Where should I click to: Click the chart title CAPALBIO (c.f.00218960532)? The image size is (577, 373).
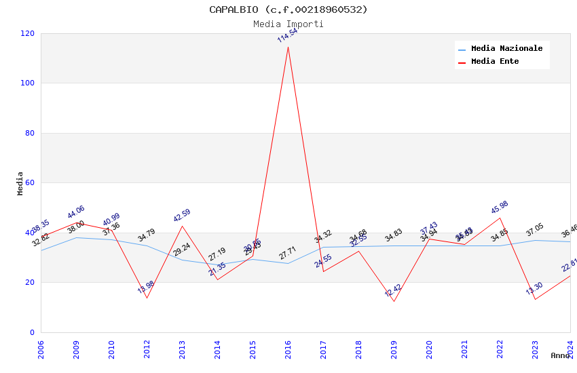coord(288,9)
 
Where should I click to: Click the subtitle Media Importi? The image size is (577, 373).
coord(288,24)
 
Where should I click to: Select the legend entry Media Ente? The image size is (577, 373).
coord(495,62)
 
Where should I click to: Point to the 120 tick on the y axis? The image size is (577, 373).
coord(28,33)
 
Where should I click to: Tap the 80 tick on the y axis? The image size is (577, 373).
coord(30,133)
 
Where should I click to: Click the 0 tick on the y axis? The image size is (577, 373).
coord(32,332)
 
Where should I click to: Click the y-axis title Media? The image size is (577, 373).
coord(20,183)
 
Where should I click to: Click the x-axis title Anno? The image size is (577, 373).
coord(560,355)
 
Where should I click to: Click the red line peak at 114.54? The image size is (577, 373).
coord(288,47)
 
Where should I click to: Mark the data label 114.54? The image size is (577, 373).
coord(287,35)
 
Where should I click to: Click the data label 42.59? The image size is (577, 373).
coord(182,216)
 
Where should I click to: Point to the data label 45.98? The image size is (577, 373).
coord(500,208)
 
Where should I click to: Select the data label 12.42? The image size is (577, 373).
coord(393,291)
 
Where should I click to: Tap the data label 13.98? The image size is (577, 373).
coord(146,287)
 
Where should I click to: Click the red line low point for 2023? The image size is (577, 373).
coord(535,299)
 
